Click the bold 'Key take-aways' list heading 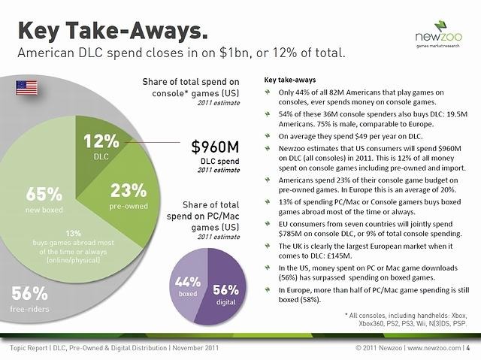point(291,80)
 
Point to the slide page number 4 point(468,348)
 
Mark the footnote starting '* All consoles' point(406,317)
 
